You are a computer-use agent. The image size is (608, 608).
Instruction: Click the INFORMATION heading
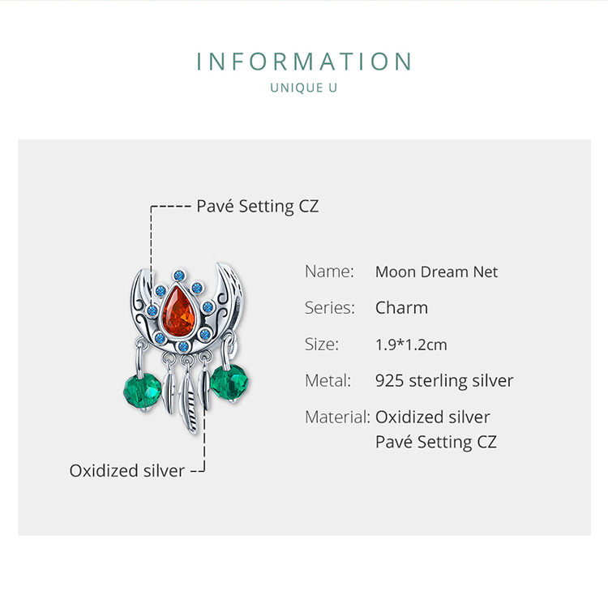click(304, 62)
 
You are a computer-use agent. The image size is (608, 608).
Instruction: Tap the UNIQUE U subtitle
click(304, 88)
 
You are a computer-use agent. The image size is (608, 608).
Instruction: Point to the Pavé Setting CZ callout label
click(258, 206)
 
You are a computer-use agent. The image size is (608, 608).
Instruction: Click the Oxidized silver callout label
click(127, 470)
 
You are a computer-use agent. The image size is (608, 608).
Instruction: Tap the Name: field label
click(329, 272)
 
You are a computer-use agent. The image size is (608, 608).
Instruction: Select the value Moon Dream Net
click(436, 272)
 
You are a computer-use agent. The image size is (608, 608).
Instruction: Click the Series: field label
click(330, 308)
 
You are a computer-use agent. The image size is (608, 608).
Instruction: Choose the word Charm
click(401, 308)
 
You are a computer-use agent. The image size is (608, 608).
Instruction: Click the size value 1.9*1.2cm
click(411, 345)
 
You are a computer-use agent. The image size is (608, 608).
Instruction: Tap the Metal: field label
click(328, 381)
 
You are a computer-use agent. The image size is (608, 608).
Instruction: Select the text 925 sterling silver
click(444, 381)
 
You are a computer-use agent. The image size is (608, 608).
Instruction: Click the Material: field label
click(337, 417)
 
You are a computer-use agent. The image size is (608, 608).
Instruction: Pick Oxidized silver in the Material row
click(433, 417)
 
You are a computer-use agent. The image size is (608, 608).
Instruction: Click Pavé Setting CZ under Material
click(436, 442)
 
